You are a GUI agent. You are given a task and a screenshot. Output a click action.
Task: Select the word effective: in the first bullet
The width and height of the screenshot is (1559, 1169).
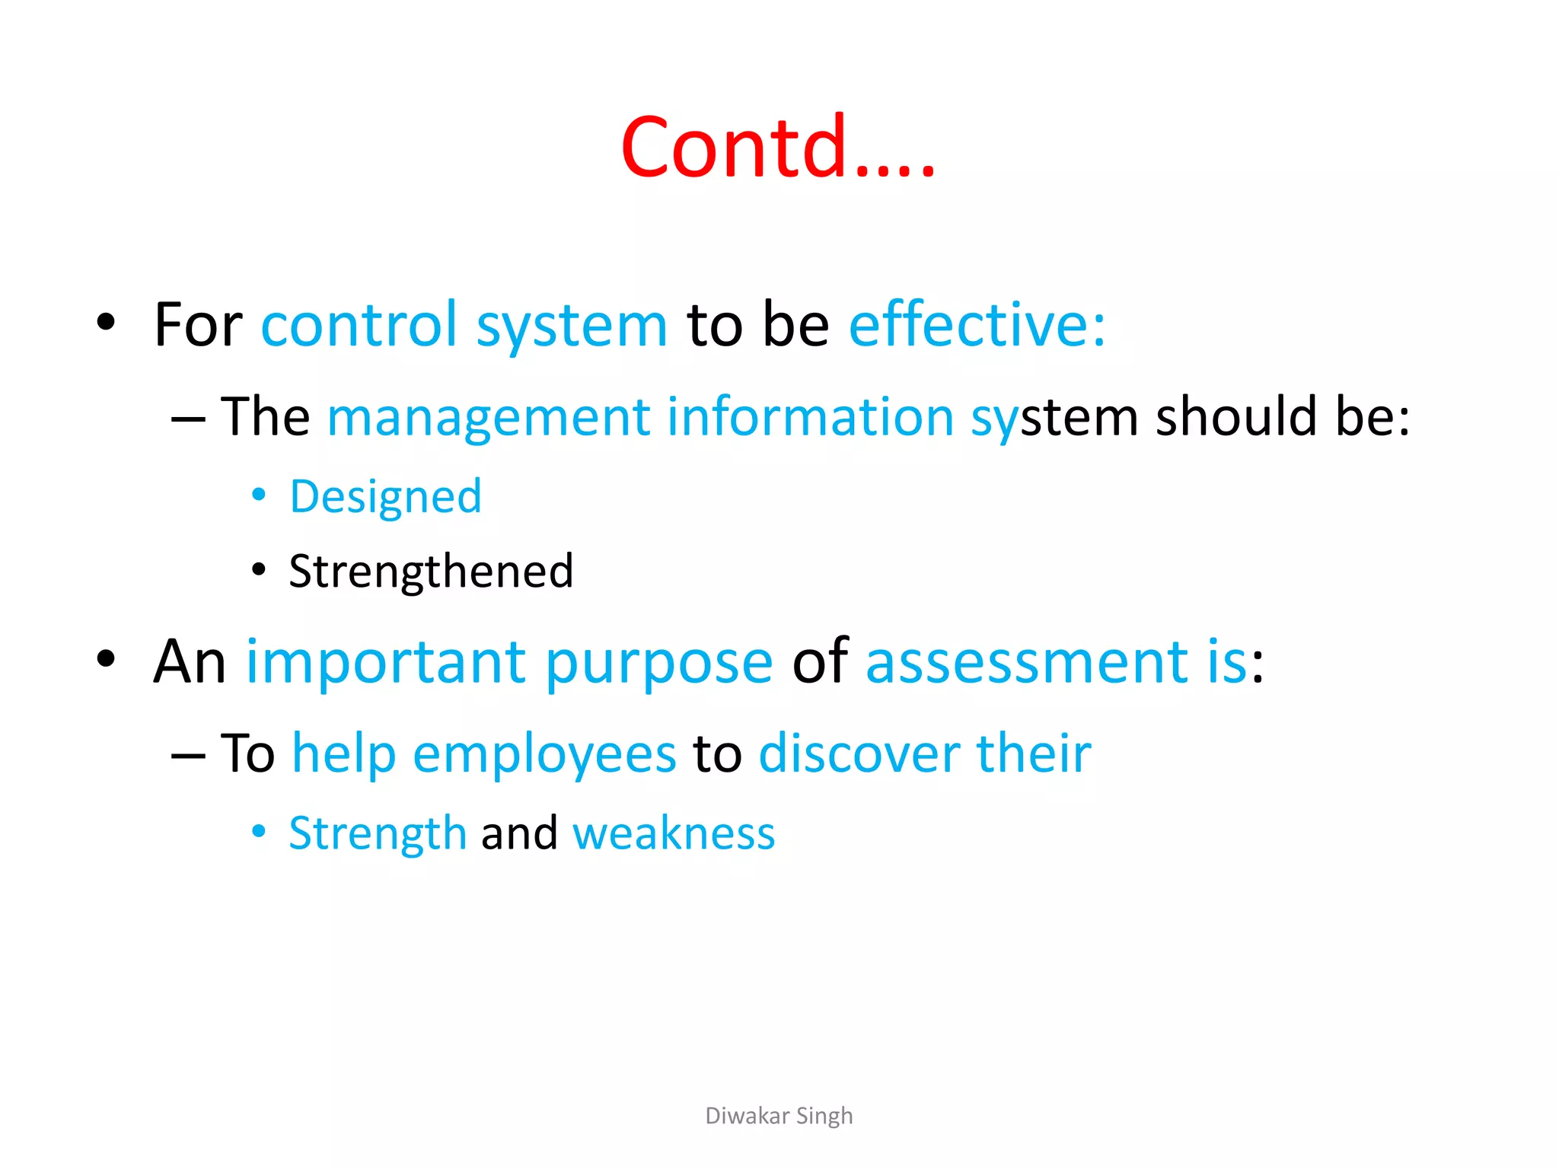tap(977, 325)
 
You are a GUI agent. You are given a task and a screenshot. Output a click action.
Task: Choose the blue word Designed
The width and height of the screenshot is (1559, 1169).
tap(386, 497)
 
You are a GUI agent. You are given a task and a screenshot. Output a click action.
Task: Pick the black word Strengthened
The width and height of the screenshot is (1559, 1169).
tap(431, 572)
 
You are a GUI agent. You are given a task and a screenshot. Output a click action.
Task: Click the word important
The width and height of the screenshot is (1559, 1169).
tap(385, 662)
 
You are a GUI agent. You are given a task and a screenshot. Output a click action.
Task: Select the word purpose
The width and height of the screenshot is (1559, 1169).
tap(659, 662)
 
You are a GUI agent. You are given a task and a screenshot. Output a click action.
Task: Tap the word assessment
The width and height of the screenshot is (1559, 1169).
tap(1027, 662)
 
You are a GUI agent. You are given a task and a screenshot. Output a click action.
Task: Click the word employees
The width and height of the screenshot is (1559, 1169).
tap(544, 754)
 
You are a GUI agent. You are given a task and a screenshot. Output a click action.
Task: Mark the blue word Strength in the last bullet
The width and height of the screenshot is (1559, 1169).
tap(378, 833)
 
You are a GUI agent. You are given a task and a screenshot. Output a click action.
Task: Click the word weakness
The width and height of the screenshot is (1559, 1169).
tap(674, 833)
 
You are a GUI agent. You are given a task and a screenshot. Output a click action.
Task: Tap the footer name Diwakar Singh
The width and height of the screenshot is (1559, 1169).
tap(779, 1116)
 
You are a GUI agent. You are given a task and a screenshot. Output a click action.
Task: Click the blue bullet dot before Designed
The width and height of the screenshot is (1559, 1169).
tap(259, 495)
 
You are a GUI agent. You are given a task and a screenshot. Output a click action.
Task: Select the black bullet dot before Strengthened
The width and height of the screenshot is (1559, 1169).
tap(259, 569)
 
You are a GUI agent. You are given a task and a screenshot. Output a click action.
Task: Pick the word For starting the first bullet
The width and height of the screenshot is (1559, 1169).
tap(198, 325)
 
